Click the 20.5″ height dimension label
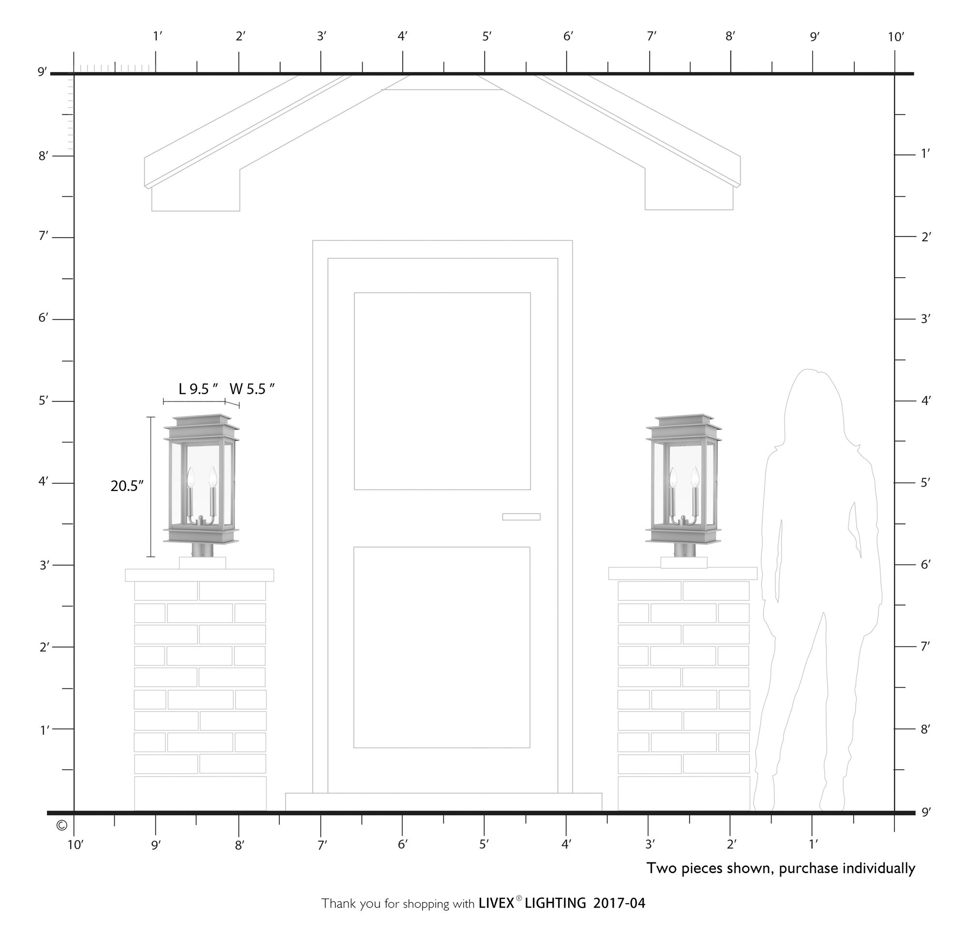point(126,486)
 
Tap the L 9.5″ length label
point(198,389)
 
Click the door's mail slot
point(521,517)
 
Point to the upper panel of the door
point(442,391)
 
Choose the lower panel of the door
point(442,647)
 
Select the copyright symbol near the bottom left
point(62,825)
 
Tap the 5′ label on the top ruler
point(487,37)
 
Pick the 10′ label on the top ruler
point(896,37)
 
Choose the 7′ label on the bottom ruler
point(322,845)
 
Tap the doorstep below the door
point(443,801)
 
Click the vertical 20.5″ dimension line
point(151,487)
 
